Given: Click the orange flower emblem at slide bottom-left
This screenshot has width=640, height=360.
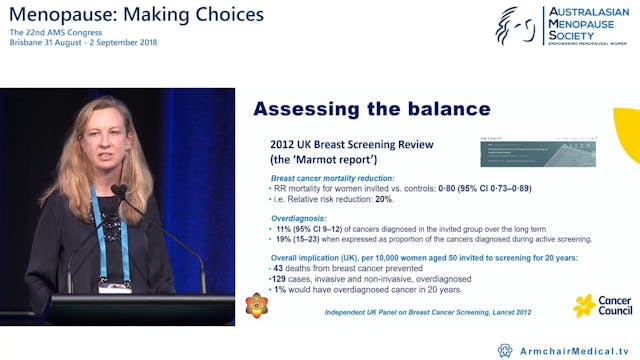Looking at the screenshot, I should pyautogui.click(x=257, y=305).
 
